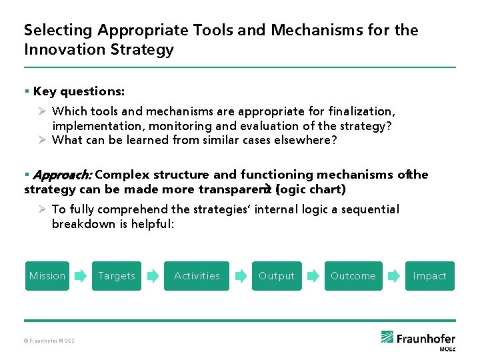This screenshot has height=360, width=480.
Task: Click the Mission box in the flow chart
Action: (47, 276)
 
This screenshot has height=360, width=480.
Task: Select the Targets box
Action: (117, 276)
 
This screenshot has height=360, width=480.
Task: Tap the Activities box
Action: (197, 276)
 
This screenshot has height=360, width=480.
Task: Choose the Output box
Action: (276, 276)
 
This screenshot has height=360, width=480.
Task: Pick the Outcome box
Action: (353, 276)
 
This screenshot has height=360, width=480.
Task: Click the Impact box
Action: (429, 276)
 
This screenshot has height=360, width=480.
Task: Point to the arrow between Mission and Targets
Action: (80, 275)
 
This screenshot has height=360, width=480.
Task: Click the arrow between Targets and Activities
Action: (152, 275)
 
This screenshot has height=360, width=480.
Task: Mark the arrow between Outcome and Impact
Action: (394, 275)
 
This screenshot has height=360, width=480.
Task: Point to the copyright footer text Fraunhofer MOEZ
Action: (49, 341)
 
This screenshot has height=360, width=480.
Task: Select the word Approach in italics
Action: (62, 175)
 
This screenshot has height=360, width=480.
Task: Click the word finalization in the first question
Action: (361, 111)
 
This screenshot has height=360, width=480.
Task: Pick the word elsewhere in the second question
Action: (308, 140)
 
